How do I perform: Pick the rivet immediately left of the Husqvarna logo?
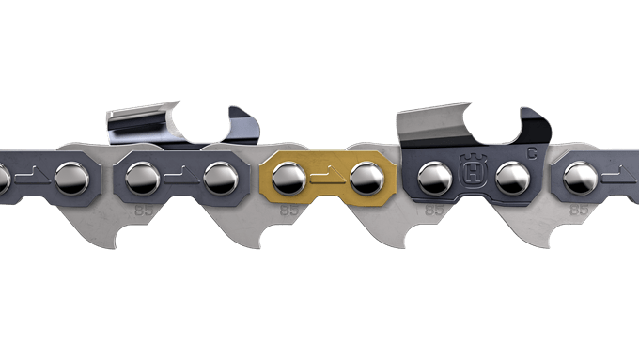click(432, 175)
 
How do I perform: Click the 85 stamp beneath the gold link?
click(289, 211)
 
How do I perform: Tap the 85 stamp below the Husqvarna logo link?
click(435, 211)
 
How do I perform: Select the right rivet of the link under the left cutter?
click(220, 175)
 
